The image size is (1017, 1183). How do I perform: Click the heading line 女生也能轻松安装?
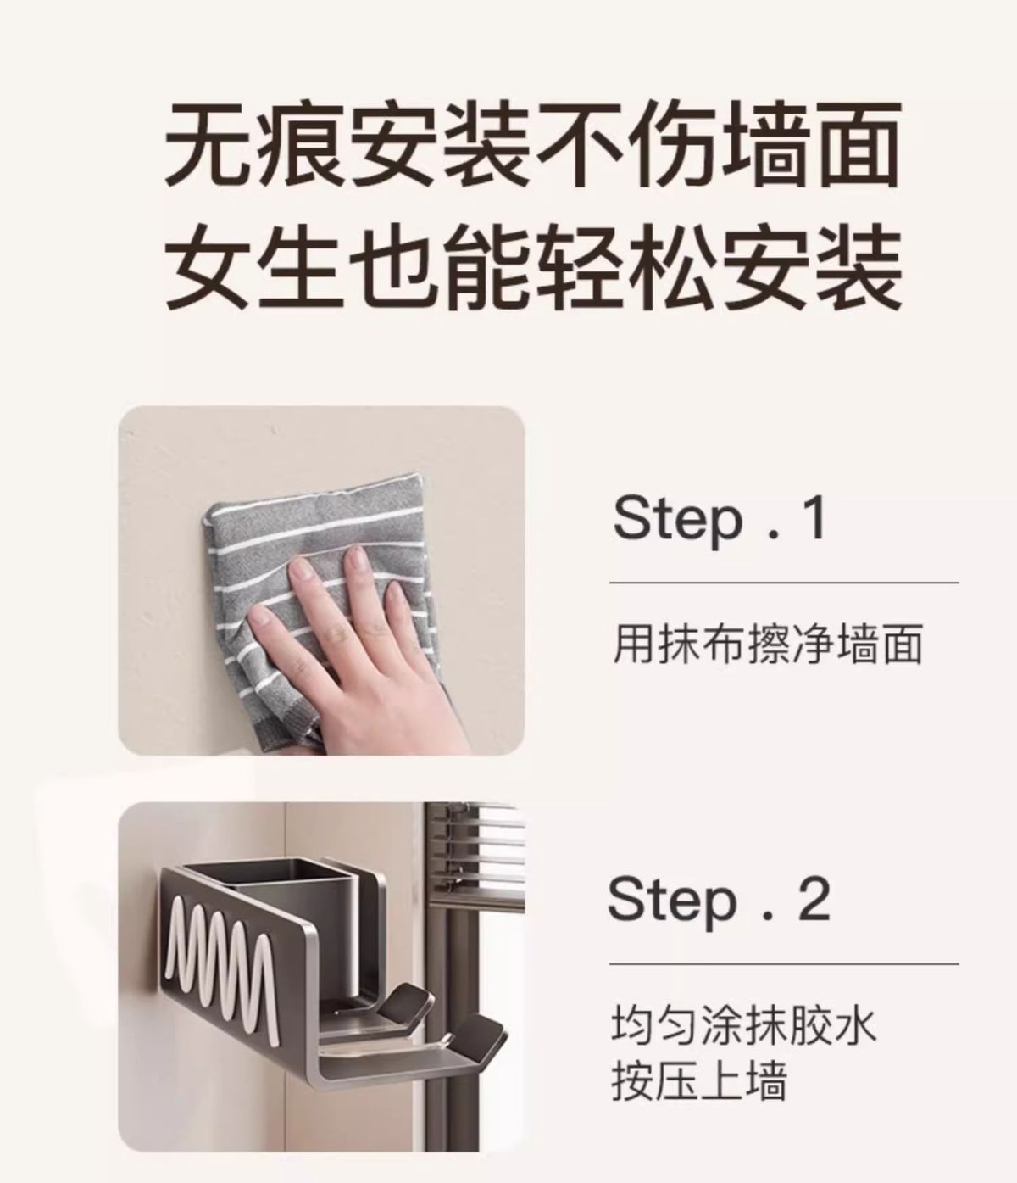coord(533,266)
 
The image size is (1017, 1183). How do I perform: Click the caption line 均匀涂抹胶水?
coord(743,1024)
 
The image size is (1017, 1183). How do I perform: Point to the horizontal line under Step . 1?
coord(784,583)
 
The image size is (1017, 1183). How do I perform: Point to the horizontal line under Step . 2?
coord(784,964)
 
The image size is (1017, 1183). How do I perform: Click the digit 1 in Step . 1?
coord(814,518)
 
